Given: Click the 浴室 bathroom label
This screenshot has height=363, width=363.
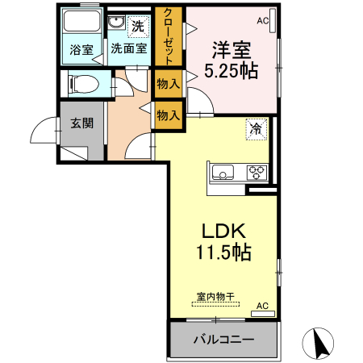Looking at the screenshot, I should [81, 49].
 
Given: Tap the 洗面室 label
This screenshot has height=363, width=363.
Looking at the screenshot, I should [129, 49].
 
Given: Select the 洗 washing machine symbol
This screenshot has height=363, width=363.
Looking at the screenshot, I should [138, 26].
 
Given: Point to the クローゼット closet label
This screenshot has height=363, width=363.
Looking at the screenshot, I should [169, 36].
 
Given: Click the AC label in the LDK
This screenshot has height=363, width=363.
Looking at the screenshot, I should [262, 306].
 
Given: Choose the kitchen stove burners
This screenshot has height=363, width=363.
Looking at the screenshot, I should [257, 171].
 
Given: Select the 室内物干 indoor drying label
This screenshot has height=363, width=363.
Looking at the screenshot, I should [215, 296].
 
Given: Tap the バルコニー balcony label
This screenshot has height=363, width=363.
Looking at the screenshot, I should [223, 340].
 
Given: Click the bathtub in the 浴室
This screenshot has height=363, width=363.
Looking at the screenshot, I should [81, 23].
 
